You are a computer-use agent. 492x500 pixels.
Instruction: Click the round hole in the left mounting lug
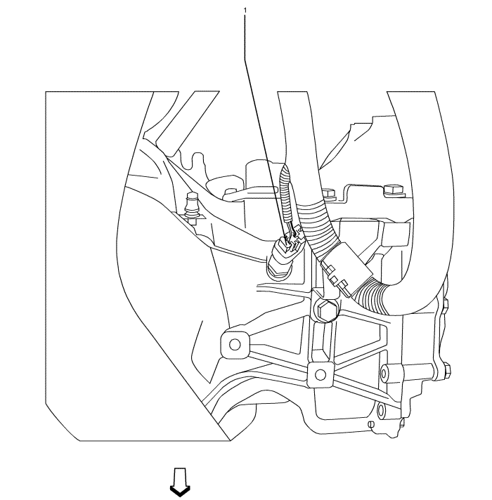235,343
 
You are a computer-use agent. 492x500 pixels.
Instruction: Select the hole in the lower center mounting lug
320,373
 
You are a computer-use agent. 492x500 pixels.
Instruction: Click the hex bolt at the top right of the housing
392,188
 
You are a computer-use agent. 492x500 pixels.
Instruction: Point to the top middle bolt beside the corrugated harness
328,192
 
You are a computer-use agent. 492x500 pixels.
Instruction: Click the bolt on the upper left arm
230,192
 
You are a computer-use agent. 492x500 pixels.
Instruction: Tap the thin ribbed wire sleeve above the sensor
285,193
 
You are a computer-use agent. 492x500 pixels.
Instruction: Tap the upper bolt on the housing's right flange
444,305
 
